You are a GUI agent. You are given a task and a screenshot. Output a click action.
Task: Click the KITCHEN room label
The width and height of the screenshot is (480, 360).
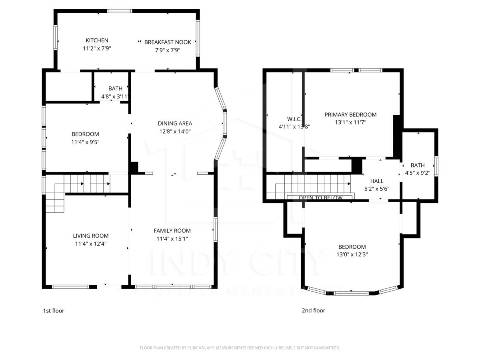click(x=97, y=40)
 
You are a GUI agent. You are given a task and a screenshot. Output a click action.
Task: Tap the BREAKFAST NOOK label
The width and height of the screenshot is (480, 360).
click(x=168, y=42)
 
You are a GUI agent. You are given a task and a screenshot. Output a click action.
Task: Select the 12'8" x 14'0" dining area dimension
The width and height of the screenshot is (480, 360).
click(x=175, y=131)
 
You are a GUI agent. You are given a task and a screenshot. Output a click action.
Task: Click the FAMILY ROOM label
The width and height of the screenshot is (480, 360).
click(x=172, y=231)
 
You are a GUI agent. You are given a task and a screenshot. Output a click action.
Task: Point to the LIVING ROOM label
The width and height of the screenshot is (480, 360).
click(x=90, y=236)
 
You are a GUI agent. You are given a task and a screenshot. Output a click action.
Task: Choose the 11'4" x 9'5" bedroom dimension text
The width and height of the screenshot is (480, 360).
click(x=85, y=142)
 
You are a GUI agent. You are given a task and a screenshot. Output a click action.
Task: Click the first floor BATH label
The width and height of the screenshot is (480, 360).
click(x=115, y=88)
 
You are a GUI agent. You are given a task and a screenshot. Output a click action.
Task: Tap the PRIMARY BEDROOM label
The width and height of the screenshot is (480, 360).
click(x=350, y=115)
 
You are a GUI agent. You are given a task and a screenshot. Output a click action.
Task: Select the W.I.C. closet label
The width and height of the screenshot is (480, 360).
click(x=294, y=119)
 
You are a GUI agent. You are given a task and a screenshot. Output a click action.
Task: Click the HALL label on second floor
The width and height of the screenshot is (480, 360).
click(x=377, y=181)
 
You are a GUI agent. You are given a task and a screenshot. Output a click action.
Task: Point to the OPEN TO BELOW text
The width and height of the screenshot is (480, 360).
click(x=320, y=198)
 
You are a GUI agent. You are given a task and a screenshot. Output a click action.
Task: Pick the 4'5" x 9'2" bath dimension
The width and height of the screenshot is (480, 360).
click(x=418, y=173)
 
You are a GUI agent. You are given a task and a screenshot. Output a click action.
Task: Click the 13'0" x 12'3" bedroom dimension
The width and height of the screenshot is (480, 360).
click(x=352, y=254)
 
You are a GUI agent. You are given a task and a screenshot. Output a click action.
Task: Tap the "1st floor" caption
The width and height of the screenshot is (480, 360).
click(x=54, y=311)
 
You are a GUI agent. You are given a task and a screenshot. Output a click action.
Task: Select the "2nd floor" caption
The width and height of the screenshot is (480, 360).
click(x=313, y=311)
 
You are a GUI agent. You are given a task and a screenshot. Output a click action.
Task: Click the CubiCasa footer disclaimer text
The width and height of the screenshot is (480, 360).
click(x=240, y=348)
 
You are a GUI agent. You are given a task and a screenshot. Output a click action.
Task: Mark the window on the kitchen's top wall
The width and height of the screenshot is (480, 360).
click(x=120, y=11)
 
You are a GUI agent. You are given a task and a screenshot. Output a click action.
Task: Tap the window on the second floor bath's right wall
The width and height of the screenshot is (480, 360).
click(x=437, y=166)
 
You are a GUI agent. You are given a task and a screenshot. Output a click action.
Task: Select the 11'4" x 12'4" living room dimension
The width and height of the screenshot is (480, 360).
click(x=90, y=244)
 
